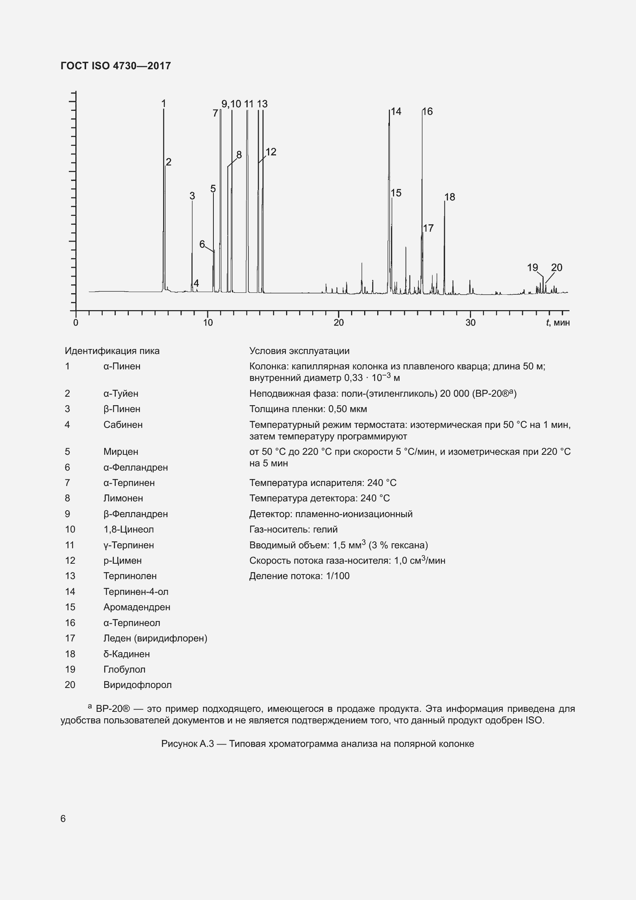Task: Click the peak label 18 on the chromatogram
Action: point(450,197)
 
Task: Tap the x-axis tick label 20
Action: point(338,322)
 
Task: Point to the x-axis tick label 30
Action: point(470,322)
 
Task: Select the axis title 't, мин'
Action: point(558,322)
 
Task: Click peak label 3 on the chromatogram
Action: point(192,195)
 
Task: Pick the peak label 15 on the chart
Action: point(396,192)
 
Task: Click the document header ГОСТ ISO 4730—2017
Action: point(115,65)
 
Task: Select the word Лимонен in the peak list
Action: point(123,498)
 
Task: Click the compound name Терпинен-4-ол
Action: point(135,591)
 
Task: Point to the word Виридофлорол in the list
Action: point(137,685)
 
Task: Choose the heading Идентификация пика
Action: point(112,351)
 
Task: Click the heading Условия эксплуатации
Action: point(299,351)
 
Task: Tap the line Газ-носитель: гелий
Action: point(293,529)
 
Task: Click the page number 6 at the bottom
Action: point(63,818)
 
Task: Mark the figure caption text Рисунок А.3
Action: point(187,744)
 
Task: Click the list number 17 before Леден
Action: point(70,638)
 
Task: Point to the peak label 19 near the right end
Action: point(532,267)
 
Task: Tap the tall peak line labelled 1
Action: point(163,196)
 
